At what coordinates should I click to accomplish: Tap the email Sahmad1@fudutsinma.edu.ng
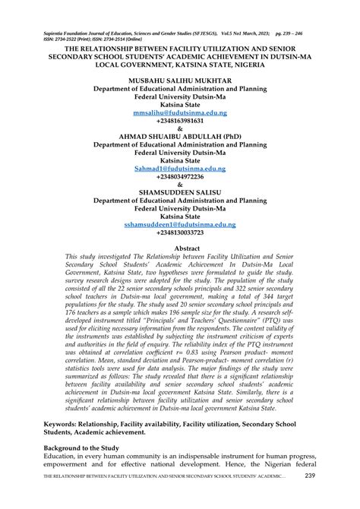click(x=180, y=169)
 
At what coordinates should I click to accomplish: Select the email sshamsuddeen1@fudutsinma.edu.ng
click(x=180, y=225)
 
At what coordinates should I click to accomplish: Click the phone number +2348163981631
click(x=180, y=121)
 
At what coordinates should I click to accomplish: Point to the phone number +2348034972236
click(x=180, y=176)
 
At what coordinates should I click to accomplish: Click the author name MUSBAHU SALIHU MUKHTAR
click(x=180, y=80)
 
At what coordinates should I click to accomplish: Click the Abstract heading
click(x=180, y=248)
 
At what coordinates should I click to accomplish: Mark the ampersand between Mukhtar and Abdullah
click(x=180, y=128)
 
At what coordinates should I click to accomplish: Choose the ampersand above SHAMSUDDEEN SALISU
click(x=180, y=185)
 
